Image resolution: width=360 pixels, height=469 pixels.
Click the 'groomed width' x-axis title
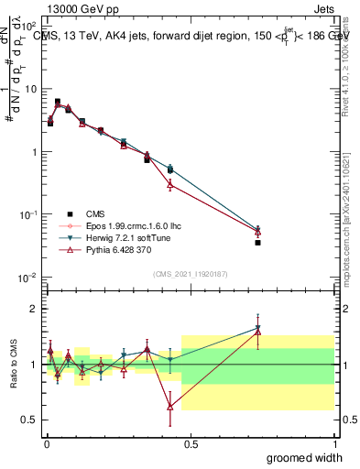pos(305,457)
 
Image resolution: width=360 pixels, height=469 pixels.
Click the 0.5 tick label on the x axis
pos(190,444)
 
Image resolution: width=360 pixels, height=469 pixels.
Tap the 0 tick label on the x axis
pos(47,444)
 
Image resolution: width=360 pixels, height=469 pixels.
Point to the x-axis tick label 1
pos(334,444)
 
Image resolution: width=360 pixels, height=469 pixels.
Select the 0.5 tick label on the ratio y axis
pos(29,420)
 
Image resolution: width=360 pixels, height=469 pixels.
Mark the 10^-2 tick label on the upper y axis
pos(27,278)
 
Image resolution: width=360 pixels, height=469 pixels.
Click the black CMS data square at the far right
pos(258,243)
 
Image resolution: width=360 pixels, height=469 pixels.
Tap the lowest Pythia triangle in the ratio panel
pos(170,407)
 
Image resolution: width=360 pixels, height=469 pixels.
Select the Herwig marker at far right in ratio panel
pos(258,327)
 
